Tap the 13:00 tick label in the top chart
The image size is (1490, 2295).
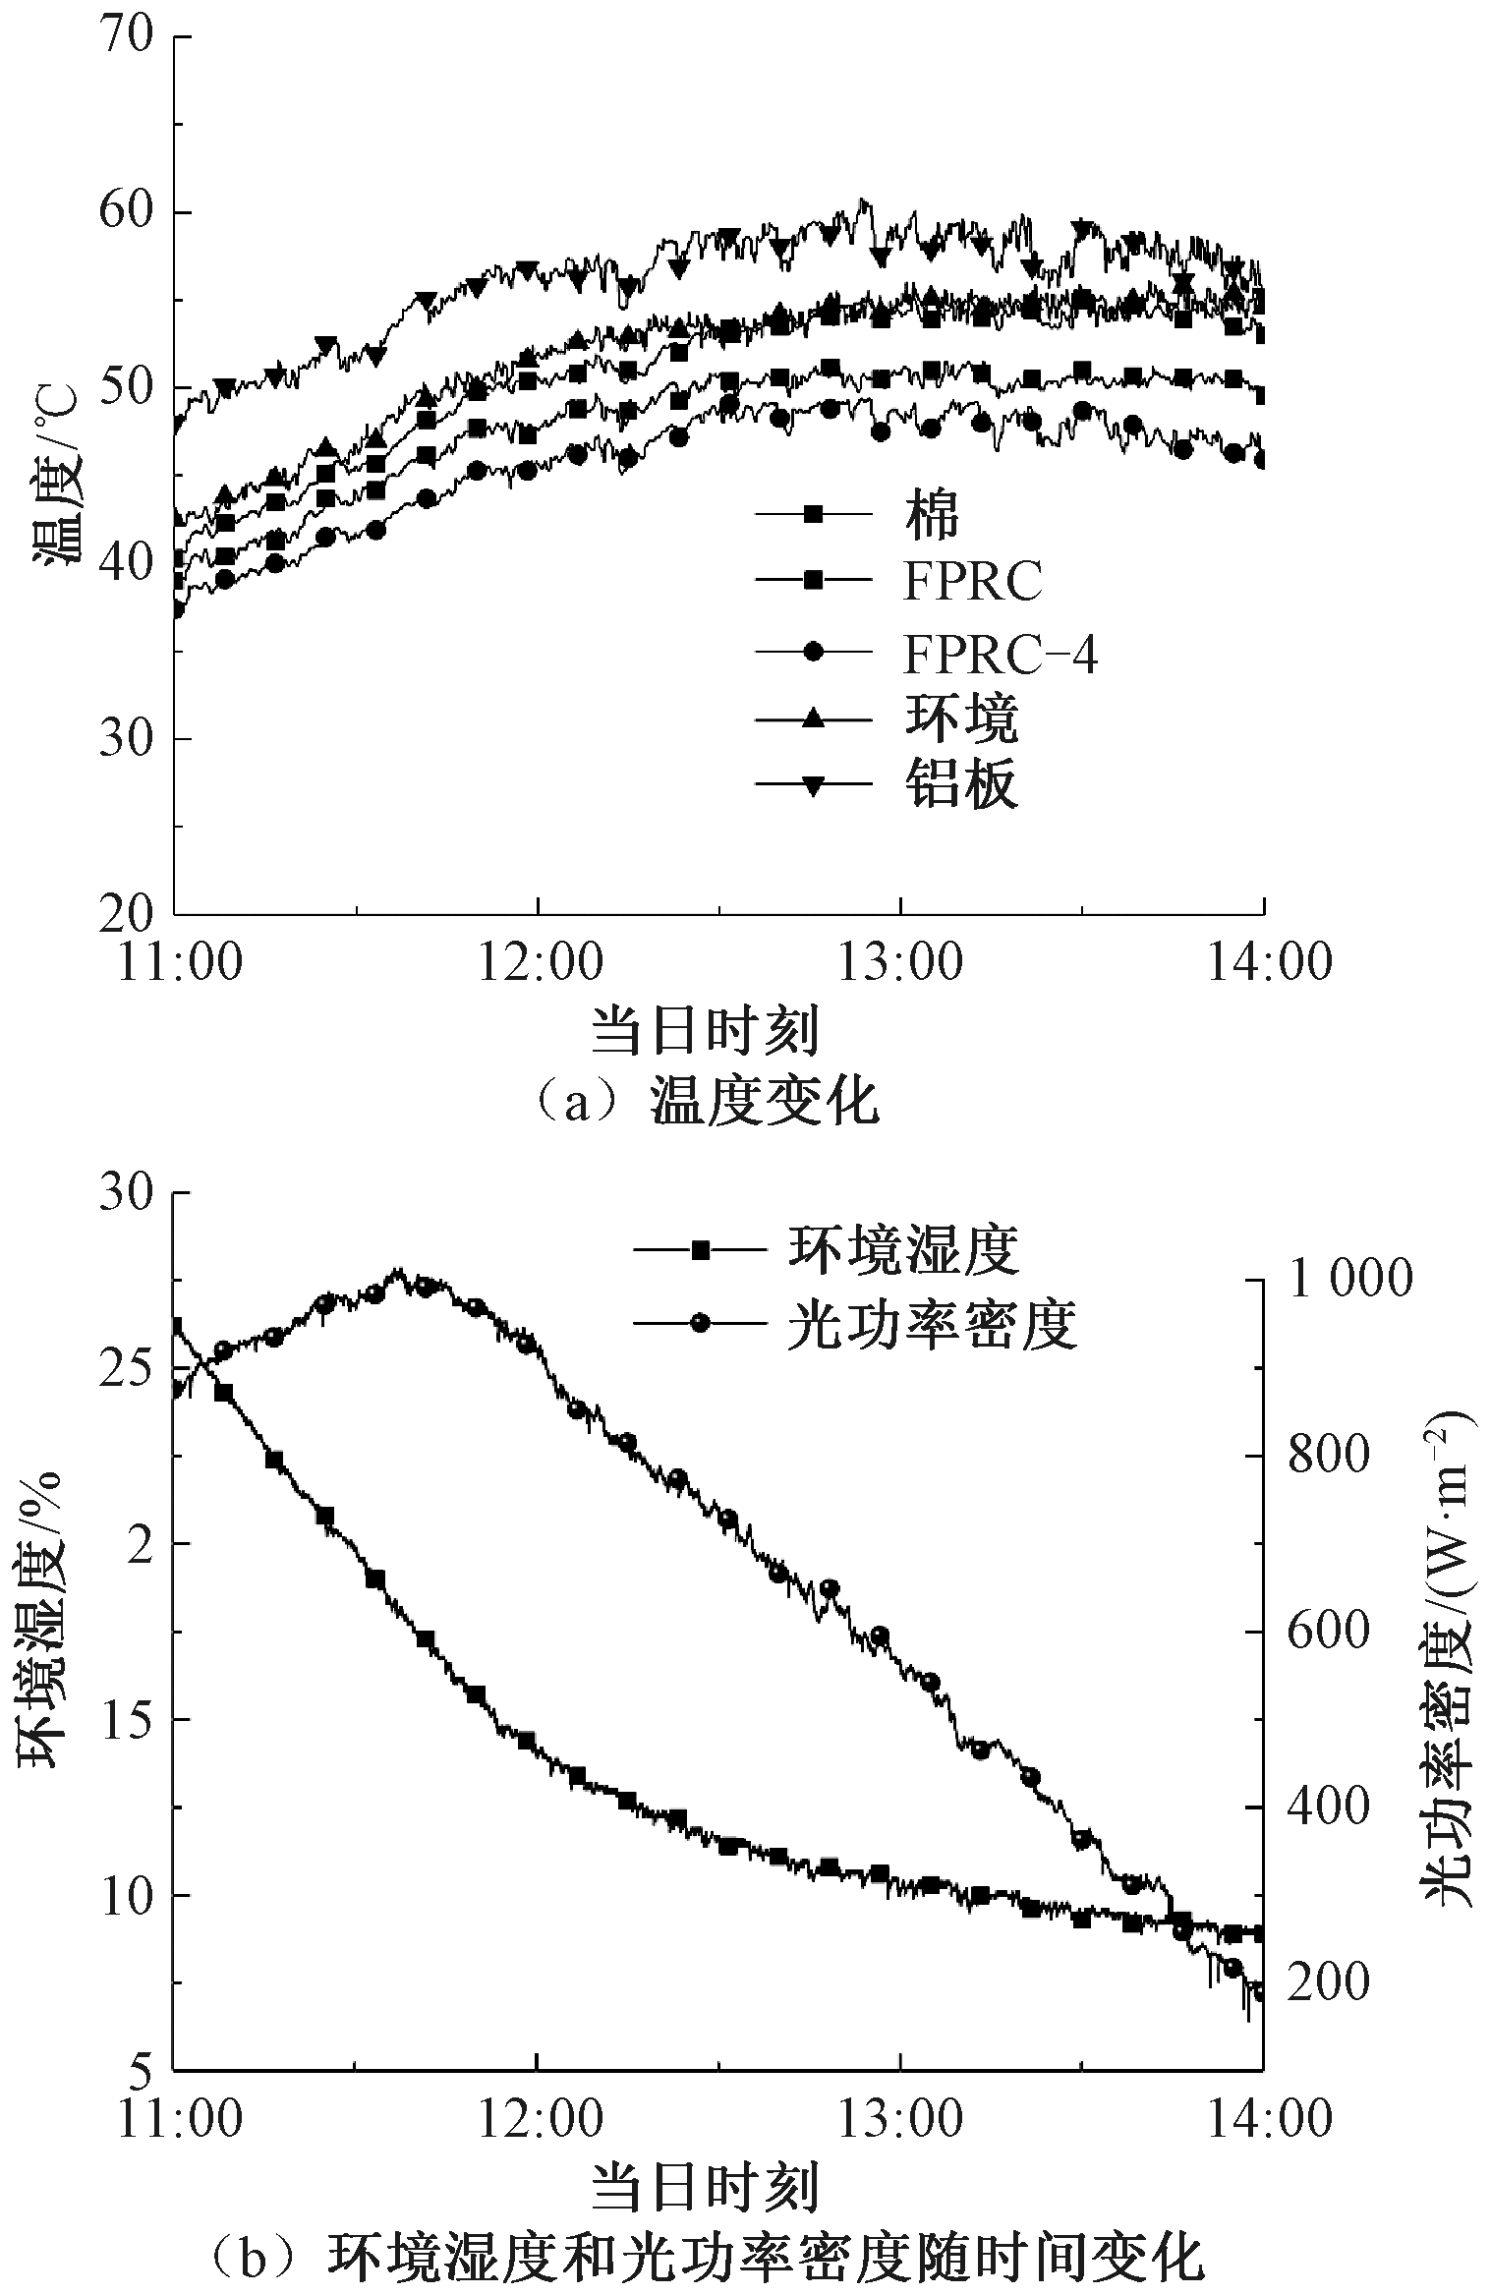(x=900, y=961)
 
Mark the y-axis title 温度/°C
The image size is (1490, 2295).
(x=56, y=476)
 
